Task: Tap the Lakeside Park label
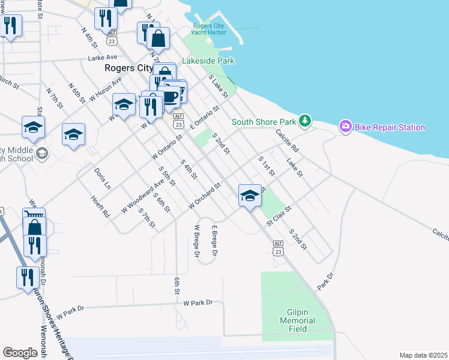pos(208,61)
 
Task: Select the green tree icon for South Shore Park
pos(306,121)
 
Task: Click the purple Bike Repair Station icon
pos(345,127)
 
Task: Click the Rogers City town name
pos(128,68)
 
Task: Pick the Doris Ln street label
pos(103,178)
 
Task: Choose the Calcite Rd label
pos(287,140)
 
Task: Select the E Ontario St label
pos(206,118)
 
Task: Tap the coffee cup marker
pos(170,96)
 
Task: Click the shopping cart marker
pos(34,216)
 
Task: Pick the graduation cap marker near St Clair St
pos(250,195)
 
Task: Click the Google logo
pos(20,353)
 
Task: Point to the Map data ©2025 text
pos(423,355)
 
